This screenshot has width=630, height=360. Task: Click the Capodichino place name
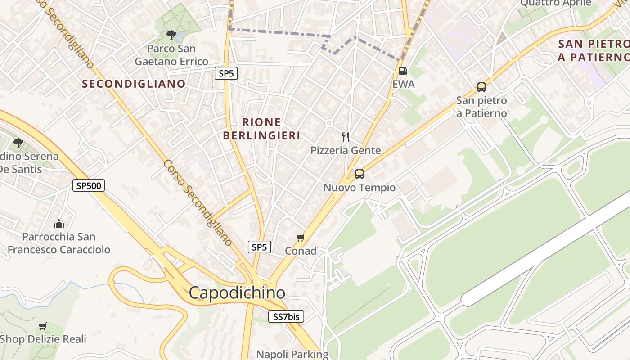point(237,293)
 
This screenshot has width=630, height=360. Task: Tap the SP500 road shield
point(89,185)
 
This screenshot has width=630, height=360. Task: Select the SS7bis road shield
point(286,317)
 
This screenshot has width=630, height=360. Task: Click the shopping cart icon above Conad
point(300,238)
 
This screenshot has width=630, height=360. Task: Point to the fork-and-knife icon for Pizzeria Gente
point(346,137)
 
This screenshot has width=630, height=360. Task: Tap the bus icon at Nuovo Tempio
point(359,174)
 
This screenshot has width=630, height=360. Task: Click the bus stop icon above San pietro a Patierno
point(481,87)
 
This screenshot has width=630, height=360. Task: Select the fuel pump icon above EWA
point(403,71)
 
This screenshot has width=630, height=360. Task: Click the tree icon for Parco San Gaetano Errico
point(171,35)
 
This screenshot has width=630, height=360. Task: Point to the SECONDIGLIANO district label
point(134,84)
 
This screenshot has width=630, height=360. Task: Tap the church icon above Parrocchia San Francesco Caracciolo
point(59,224)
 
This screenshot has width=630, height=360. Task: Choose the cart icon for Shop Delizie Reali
point(43,325)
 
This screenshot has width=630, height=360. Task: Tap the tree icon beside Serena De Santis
point(18,143)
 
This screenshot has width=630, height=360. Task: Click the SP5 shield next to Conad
point(259,247)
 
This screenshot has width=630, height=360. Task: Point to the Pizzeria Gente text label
point(346,151)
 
